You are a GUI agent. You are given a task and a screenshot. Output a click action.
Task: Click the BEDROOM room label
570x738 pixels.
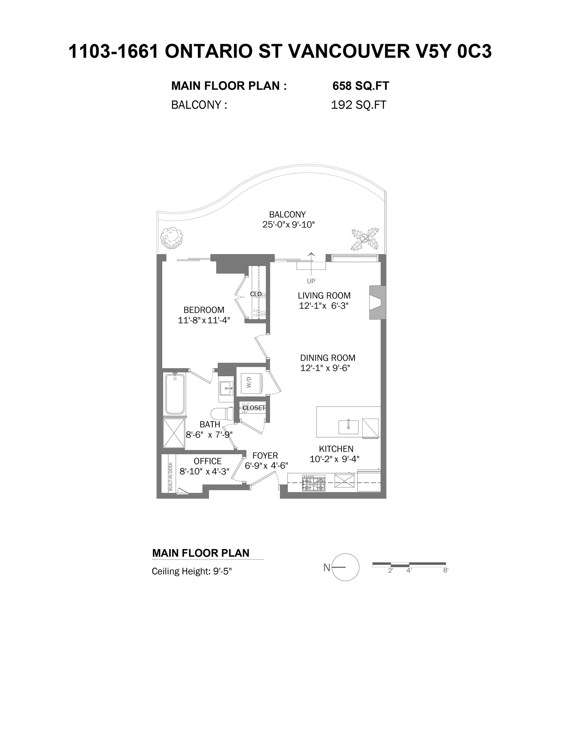[x=204, y=310]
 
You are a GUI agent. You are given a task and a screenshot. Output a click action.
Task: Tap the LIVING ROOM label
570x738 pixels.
[x=324, y=296]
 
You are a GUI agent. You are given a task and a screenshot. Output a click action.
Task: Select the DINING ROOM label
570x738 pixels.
[x=328, y=358]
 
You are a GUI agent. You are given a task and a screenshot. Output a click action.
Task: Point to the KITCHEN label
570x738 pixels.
[x=336, y=449]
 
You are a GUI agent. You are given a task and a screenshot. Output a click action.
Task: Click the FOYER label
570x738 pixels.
[x=265, y=455]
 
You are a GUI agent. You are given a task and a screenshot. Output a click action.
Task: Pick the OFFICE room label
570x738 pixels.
[x=208, y=461]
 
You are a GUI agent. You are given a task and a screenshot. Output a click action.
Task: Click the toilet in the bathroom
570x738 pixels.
[x=222, y=413]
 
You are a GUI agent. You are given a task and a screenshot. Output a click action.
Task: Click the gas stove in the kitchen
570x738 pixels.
[x=313, y=483]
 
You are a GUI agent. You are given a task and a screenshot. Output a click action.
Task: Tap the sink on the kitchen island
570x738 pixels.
[x=348, y=427]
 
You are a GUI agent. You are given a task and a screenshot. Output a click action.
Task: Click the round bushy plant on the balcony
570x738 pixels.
[x=172, y=237]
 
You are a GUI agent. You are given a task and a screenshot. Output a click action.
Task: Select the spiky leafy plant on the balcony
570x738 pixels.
[x=365, y=239]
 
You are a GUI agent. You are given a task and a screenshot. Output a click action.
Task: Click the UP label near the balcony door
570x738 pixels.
[x=311, y=281]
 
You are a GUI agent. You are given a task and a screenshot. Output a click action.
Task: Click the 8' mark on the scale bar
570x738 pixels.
[x=446, y=570]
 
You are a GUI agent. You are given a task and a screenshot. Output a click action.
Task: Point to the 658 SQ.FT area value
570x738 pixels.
[x=361, y=86]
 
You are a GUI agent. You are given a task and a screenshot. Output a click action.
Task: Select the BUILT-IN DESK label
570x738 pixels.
[x=170, y=476]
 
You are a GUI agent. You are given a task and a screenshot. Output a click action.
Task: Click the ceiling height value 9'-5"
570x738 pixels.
[x=222, y=571]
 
